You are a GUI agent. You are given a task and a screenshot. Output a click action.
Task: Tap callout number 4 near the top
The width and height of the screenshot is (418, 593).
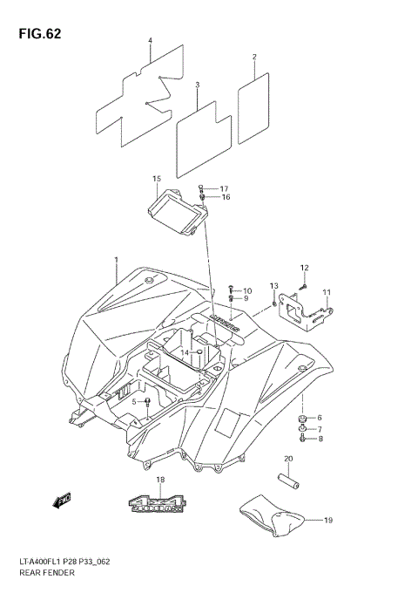point(150,41)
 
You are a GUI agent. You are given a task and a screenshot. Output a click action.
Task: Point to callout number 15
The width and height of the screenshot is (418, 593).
point(157,179)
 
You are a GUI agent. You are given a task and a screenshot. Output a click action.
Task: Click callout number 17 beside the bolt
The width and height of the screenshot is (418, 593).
point(224,188)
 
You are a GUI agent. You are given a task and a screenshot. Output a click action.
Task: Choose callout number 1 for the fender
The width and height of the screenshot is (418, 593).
point(115,260)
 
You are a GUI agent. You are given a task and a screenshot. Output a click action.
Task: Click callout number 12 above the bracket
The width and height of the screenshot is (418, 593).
point(305,268)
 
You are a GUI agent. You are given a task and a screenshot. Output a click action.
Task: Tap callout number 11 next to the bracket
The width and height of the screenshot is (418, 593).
point(327,292)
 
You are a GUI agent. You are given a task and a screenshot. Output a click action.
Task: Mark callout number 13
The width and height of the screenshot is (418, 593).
point(273,286)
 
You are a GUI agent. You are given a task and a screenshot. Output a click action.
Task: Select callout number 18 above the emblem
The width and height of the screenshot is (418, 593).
point(160,481)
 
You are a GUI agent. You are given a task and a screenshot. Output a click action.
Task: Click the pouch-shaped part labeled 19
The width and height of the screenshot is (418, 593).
point(274,520)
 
